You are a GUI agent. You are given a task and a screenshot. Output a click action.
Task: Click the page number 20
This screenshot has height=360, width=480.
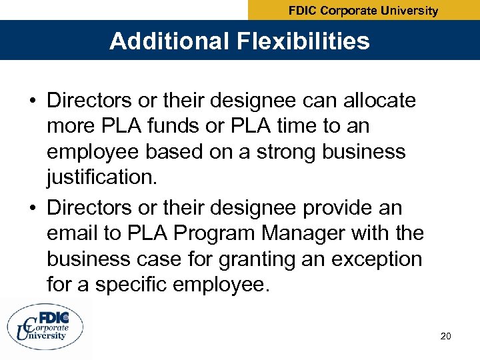point(446,336)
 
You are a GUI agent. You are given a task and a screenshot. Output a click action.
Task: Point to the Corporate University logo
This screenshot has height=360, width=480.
point(46,327)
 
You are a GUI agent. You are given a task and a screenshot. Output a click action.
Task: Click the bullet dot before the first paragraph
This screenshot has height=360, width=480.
point(33,102)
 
